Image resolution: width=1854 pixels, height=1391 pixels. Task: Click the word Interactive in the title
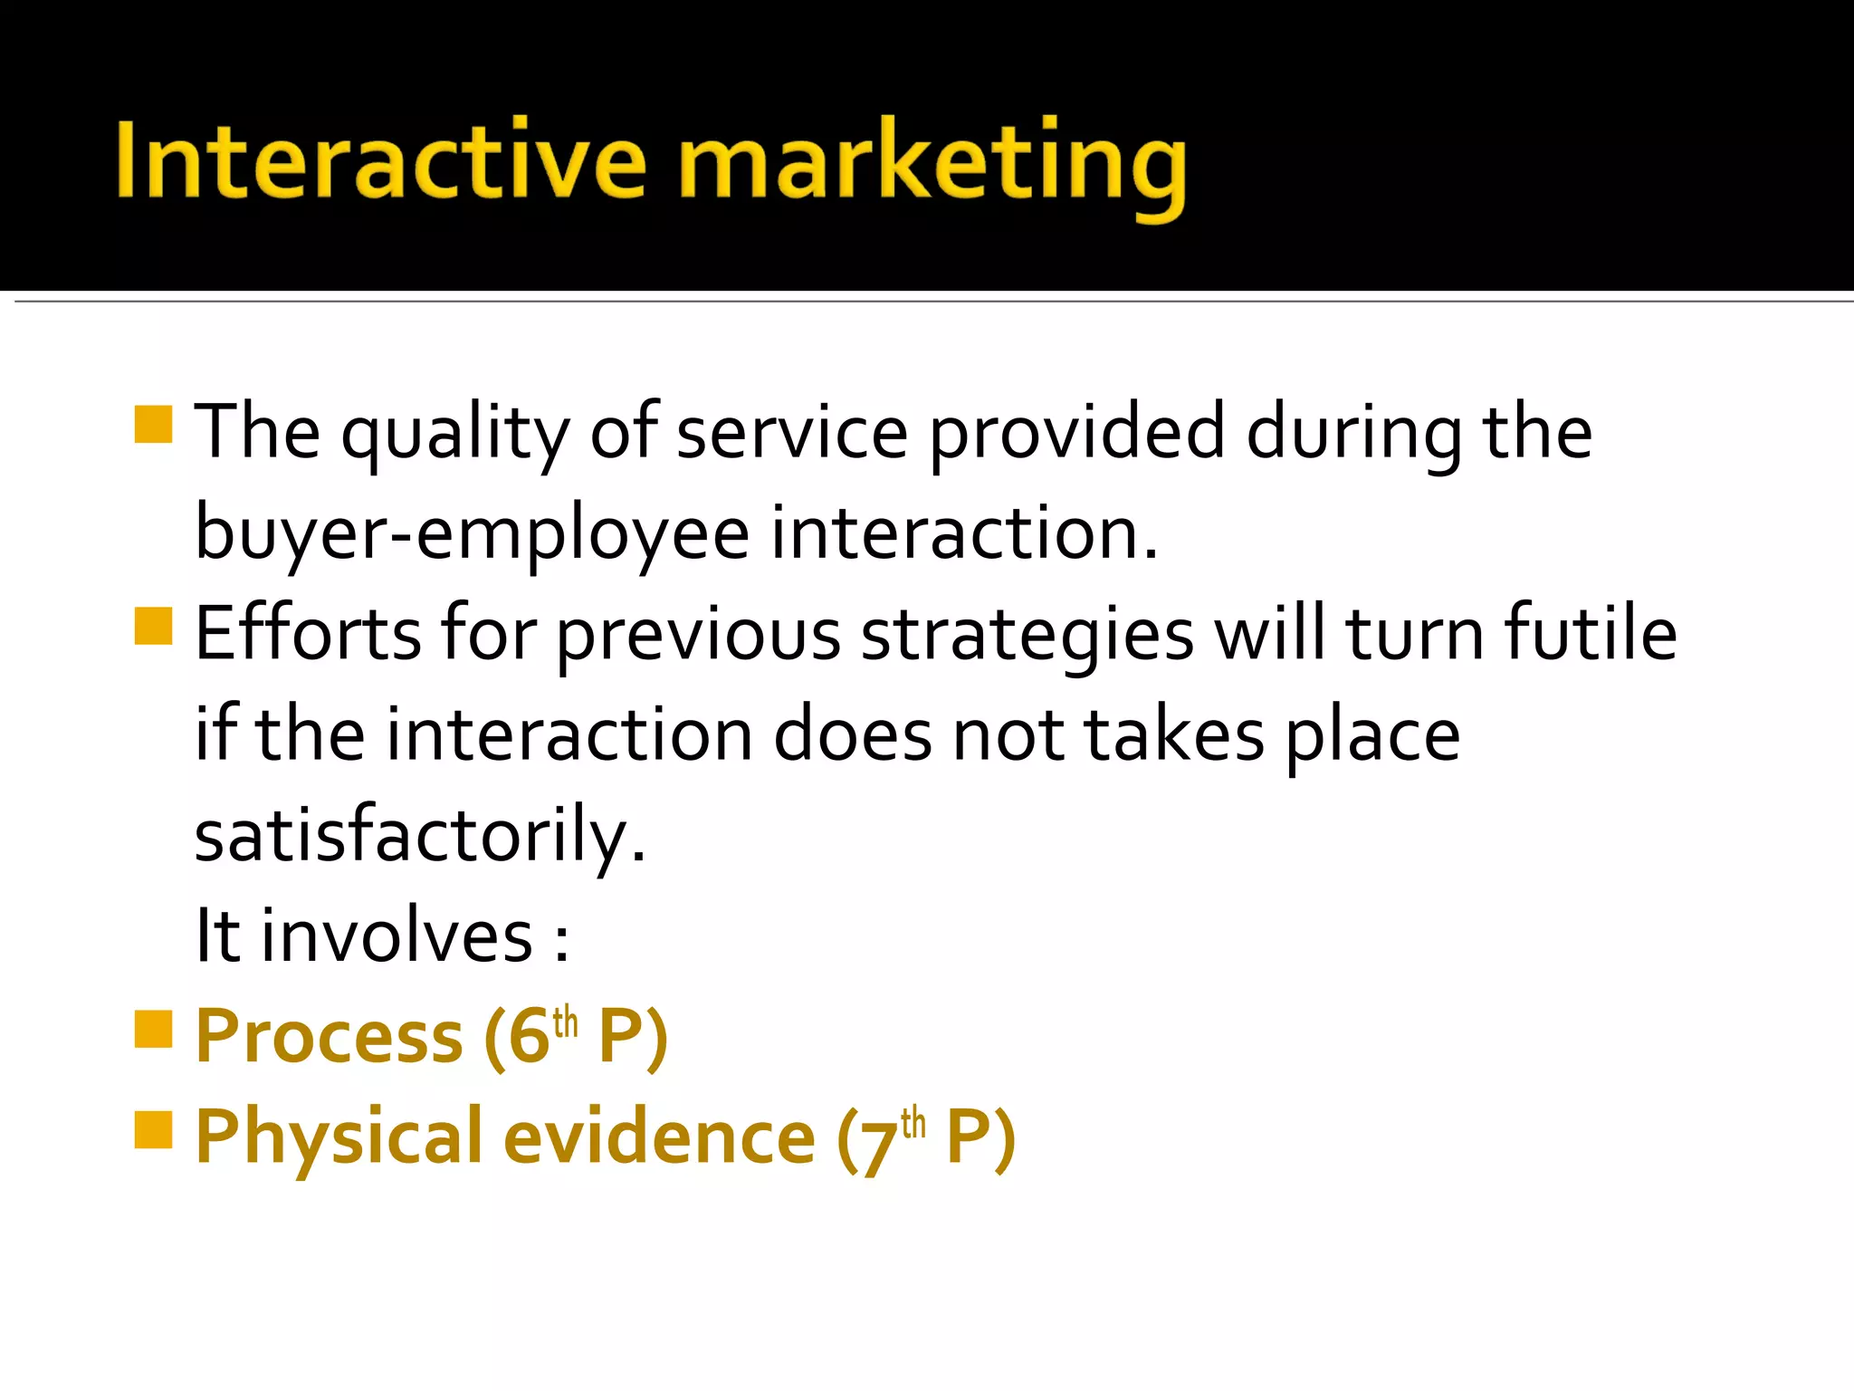380,161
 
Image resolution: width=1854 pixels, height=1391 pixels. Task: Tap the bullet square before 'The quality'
153,424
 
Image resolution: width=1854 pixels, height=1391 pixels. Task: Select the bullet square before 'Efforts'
153,626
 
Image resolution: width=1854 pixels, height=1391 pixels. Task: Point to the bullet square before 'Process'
153,1029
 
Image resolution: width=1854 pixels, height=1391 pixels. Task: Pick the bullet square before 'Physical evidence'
153,1129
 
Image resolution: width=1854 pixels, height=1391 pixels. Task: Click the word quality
454,435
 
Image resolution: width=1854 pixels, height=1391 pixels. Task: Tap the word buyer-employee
472,534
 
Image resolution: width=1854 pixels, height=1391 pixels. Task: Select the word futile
1591,633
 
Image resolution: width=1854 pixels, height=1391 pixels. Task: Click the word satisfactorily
420,835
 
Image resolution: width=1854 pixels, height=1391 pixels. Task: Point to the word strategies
1027,636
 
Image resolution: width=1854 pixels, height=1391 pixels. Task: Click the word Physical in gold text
339,1138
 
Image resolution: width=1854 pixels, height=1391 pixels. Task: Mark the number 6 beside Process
529,1038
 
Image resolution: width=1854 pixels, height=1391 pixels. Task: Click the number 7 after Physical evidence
877,1143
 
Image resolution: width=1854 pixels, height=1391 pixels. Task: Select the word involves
397,935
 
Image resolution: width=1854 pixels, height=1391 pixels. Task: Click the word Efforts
308,633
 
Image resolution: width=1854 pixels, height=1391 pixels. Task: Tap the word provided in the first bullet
1076,435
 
